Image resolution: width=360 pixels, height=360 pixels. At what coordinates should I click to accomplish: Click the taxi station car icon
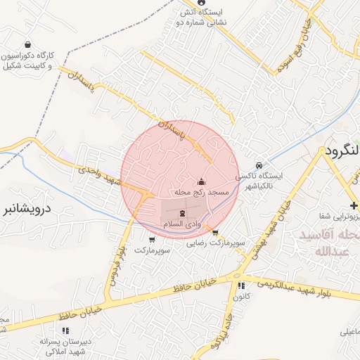coord(259,165)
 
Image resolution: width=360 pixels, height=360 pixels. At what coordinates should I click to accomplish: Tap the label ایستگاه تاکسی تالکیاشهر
coord(262,180)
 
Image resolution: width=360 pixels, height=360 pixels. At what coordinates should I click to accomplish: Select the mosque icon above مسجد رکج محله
coord(201,181)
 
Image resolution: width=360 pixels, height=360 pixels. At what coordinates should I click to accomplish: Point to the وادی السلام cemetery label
coord(182,223)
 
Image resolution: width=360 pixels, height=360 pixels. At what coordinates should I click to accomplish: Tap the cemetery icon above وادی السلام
coord(182,212)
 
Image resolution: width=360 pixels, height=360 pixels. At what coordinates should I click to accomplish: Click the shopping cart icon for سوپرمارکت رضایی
coord(214,232)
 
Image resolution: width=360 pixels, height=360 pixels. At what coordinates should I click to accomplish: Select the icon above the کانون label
coord(241,286)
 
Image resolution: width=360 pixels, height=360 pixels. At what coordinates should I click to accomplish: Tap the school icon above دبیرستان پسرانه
coord(65,330)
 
